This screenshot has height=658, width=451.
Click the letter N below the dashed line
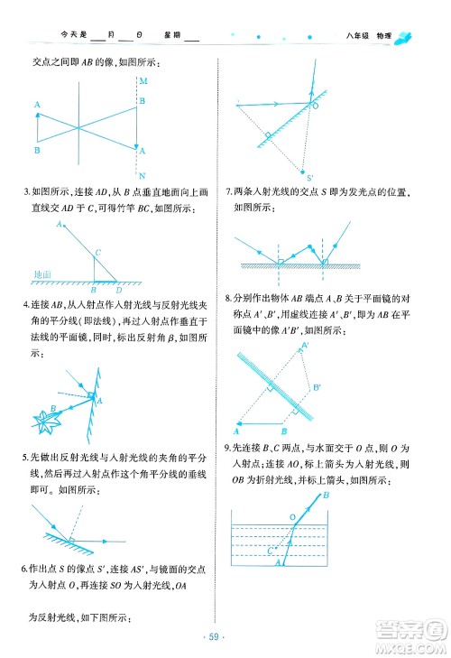[143, 173]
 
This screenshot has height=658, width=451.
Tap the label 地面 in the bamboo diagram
[41, 273]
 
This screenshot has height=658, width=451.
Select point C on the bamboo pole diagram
[97, 252]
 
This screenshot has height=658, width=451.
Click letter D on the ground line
[119, 290]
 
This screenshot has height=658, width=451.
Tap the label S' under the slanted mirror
[308, 177]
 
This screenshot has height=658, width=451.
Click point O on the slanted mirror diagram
[315, 106]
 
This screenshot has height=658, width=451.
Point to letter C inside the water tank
[272, 548]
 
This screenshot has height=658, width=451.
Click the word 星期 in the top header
[172, 37]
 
